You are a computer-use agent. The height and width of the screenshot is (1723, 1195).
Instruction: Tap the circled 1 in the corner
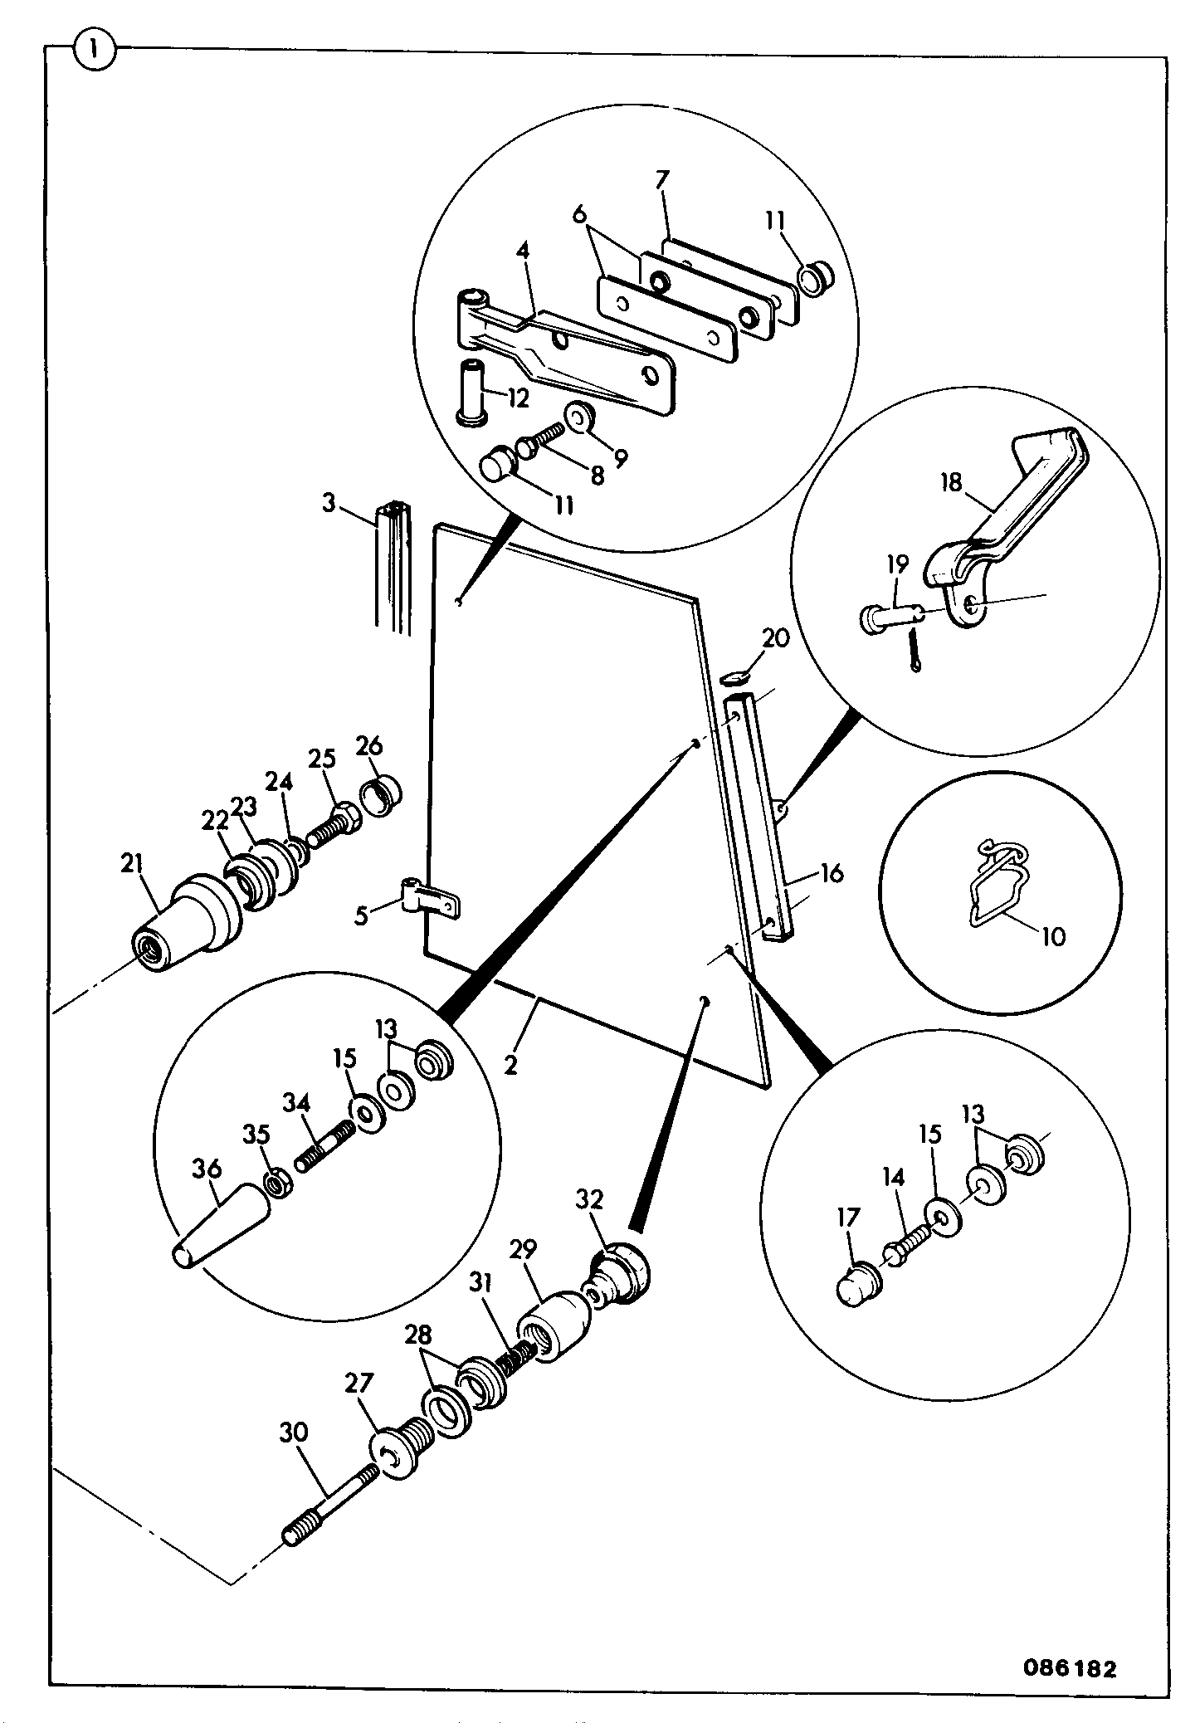[96, 51]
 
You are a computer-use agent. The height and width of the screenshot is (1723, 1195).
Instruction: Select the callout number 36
[206, 1169]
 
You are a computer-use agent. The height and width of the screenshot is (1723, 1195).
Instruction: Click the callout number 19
[897, 564]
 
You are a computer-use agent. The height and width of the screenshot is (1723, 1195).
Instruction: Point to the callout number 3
[329, 503]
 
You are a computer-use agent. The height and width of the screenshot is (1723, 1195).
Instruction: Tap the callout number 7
[662, 180]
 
